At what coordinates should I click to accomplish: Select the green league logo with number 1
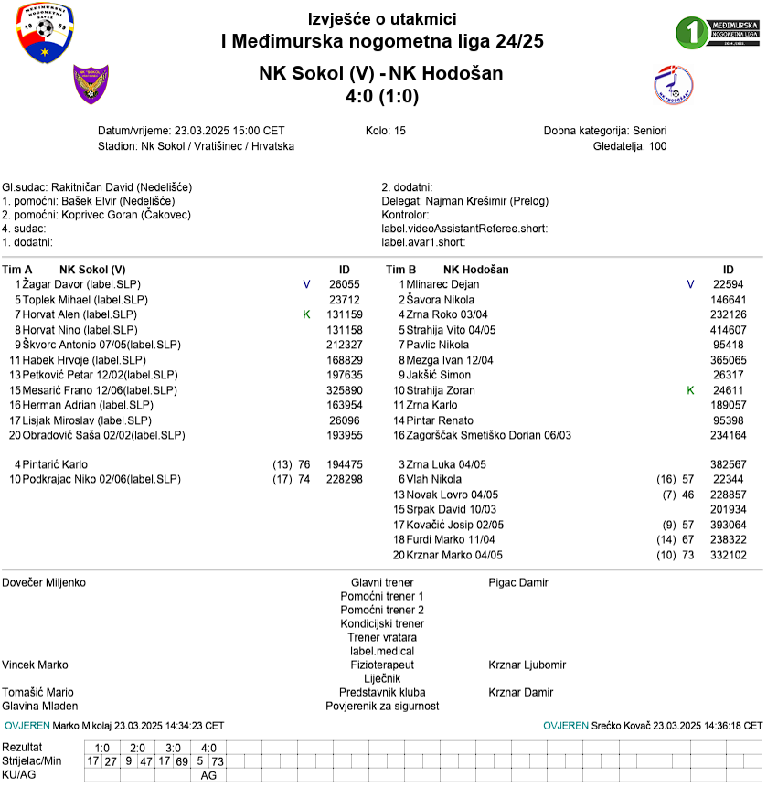[x=718, y=31]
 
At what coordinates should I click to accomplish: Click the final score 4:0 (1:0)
[x=382, y=95]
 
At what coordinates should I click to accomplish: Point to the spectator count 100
[x=657, y=146]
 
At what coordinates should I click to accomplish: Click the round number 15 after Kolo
[x=399, y=131]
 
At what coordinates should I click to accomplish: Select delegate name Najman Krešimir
[x=465, y=201]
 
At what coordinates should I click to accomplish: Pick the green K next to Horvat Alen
[x=306, y=314]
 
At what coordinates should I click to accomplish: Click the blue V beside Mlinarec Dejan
[x=690, y=284]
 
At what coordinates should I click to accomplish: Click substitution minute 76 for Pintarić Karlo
[x=304, y=464]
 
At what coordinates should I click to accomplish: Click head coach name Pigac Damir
[x=518, y=582]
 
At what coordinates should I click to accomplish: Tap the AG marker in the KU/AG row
[x=208, y=775]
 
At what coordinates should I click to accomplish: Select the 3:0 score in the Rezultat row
[x=173, y=748]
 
